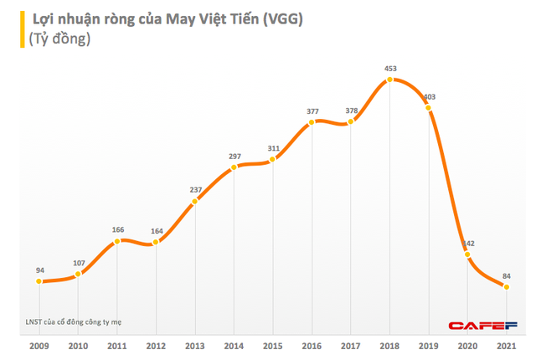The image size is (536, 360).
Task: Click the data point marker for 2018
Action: pos(389,80)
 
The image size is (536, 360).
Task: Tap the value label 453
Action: pos(389,68)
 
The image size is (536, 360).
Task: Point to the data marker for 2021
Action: pos(506,287)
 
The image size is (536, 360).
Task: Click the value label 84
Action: pos(506,275)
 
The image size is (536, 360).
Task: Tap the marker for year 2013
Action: pos(194,201)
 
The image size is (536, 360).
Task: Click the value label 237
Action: pos(194,188)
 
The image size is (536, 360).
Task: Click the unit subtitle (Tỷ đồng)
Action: pos(54,39)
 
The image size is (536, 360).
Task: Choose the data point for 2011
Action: pos(117,241)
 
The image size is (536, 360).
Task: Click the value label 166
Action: pos(117,229)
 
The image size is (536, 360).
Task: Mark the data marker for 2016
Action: pos(312,122)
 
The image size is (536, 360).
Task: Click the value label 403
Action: pos(428,97)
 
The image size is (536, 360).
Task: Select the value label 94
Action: pos(39,270)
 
